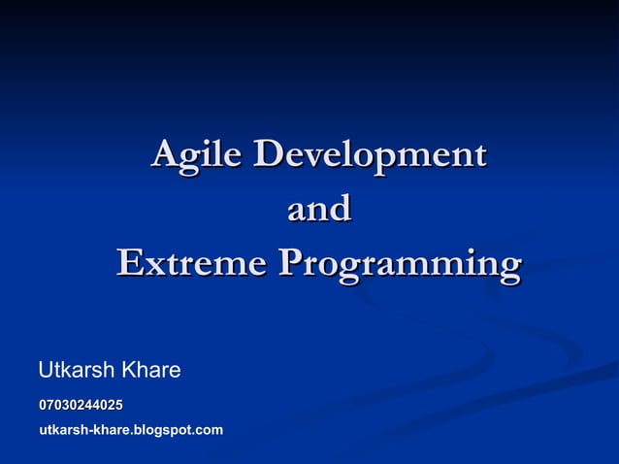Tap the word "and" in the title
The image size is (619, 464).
click(318, 209)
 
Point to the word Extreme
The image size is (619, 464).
click(191, 263)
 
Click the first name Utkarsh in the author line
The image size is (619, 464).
click(76, 370)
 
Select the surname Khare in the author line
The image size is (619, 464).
click(150, 370)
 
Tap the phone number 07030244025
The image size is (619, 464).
click(81, 404)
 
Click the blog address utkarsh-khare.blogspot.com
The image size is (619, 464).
click(131, 429)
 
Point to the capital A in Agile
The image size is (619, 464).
click(166, 154)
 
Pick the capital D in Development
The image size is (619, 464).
click(271, 154)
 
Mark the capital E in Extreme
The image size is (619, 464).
click(129, 263)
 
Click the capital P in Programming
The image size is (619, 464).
click(290, 263)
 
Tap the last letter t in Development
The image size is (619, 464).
click(479, 156)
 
